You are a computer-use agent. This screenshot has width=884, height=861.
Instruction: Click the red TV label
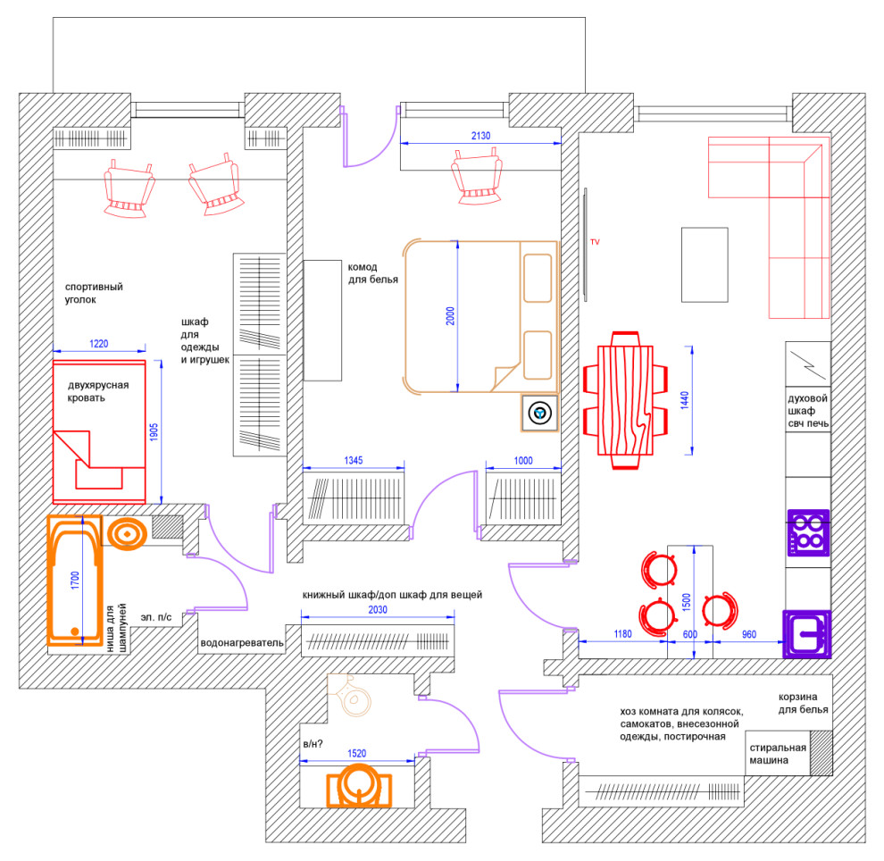pyautogui.click(x=595, y=242)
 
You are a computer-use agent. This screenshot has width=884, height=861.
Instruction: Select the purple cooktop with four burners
pyautogui.click(x=807, y=531)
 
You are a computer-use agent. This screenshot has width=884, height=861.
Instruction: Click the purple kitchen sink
pyautogui.click(x=806, y=634)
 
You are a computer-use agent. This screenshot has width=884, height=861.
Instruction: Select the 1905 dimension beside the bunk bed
pyautogui.click(x=154, y=431)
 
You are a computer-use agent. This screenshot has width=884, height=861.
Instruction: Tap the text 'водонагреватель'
pyautogui.click(x=243, y=642)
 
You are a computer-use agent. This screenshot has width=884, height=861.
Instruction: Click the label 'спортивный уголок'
pyautogui.click(x=93, y=294)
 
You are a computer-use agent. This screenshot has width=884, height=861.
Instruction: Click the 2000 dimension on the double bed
pyautogui.click(x=451, y=319)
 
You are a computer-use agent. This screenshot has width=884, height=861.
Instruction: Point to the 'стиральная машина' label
pyautogui.click(x=777, y=755)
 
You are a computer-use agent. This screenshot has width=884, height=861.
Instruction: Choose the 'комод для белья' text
pyautogui.click(x=372, y=273)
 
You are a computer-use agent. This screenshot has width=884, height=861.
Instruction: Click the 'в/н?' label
pyautogui.click(x=313, y=743)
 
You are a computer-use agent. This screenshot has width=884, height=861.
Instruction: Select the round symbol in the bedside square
pyautogui.click(x=539, y=414)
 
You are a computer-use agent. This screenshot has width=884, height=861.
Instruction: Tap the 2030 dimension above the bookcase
pyautogui.click(x=378, y=611)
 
